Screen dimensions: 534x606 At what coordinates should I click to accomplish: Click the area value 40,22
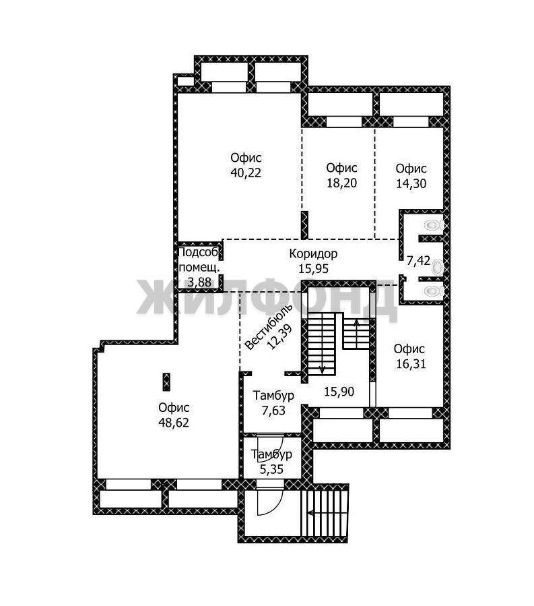[x=246, y=173]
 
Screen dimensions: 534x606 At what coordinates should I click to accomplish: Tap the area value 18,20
[x=341, y=183]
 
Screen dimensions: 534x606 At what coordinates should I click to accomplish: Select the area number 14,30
[x=411, y=183]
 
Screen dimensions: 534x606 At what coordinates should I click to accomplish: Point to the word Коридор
[x=313, y=254]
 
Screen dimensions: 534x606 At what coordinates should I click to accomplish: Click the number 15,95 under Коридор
[x=313, y=268]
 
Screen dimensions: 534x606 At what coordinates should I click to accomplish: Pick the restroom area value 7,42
[x=419, y=260]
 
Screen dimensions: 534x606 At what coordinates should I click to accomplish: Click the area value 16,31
[x=411, y=364]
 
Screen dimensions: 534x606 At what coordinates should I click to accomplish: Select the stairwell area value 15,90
[x=339, y=392]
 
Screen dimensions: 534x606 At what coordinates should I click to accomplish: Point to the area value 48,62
[x=174, y=423]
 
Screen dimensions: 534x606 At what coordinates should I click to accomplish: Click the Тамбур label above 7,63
[x=273, y=396]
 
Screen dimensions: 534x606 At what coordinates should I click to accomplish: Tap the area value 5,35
[x=271, y=469]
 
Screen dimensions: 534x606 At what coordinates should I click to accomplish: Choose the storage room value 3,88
[x=199, y=282]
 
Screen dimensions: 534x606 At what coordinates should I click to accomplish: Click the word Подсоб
[x=199, y=252]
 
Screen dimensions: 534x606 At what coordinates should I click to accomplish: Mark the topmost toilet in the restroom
[x=434, y=224]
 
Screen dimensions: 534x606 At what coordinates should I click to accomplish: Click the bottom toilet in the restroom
[x=434, y=291]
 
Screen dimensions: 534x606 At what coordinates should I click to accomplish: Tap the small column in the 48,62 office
[x=166, y=382]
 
